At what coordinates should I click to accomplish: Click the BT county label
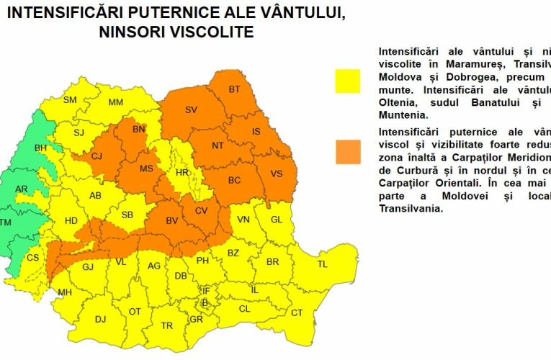234,89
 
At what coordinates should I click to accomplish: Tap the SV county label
191,109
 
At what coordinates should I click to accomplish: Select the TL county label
322,264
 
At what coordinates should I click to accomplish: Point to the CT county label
297,312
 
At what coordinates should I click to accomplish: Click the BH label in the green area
40,148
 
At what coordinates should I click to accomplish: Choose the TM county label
6,222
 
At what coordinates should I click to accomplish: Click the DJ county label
100,319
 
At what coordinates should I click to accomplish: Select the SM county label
70,100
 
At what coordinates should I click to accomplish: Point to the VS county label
276,173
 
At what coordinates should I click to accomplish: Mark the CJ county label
97,156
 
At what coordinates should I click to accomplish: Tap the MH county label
65,292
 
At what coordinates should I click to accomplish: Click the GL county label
277,220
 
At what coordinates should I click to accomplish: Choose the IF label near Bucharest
206,290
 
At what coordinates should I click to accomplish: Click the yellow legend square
347,81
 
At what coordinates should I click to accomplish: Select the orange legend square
347,150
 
